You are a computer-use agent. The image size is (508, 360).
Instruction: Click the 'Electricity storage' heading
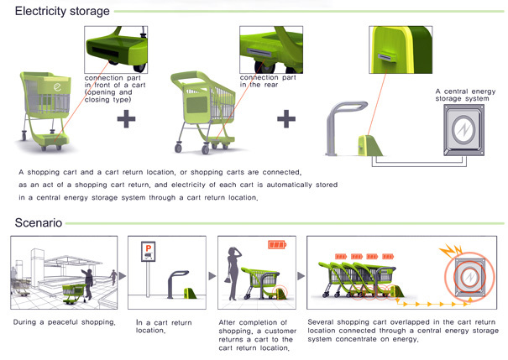click(x=61, y=12)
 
